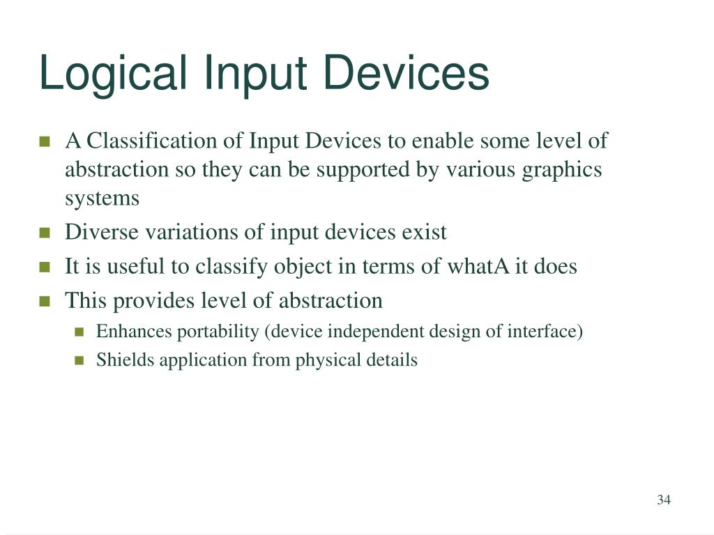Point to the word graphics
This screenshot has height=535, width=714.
562,169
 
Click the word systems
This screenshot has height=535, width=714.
102,199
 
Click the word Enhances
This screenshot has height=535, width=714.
133,331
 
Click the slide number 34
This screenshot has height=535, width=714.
663,499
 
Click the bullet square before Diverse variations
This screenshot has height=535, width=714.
45,233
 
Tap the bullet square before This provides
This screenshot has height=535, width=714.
45,301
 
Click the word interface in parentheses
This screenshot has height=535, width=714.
550,331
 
